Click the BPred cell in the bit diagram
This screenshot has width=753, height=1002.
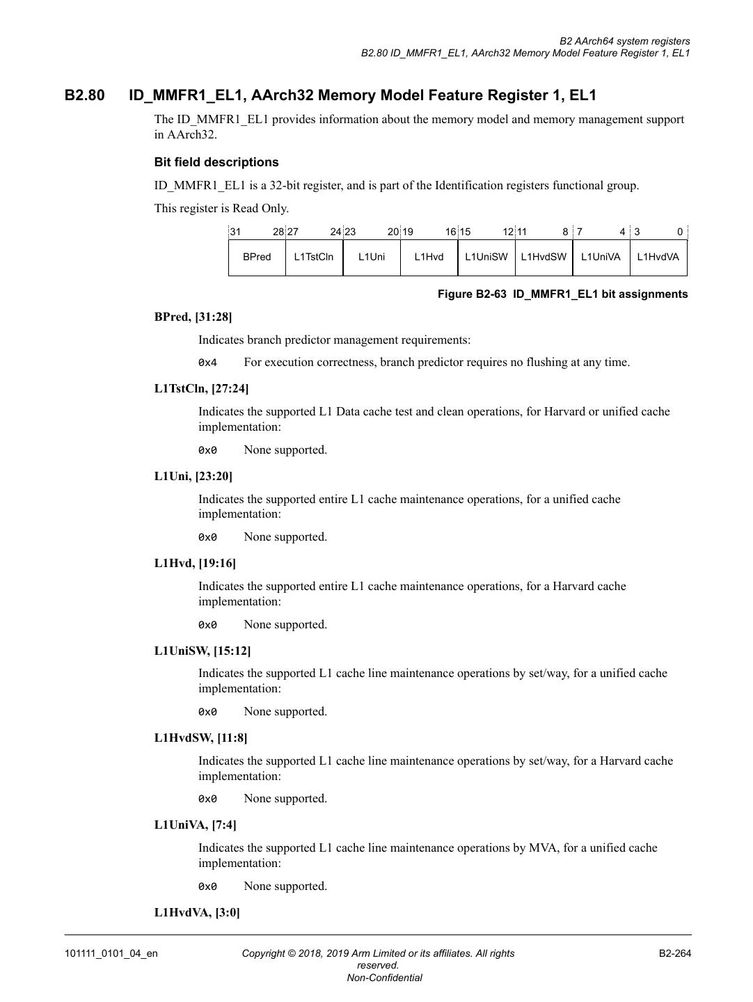[x=257, y=257]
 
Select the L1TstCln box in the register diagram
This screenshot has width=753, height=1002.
[x=314, y=257]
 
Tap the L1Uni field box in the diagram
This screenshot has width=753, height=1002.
[x=372, y=257]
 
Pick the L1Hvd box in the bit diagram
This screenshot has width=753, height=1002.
[x=429, y=257]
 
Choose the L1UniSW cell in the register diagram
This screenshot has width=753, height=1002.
[x=486, y=257]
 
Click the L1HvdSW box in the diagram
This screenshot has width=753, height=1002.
[x=544, y=257]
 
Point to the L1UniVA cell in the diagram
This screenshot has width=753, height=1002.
[x=601, y=257]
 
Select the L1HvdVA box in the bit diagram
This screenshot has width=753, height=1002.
[x=658, y=257]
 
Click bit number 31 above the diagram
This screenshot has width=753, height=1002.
[x=235, y=232]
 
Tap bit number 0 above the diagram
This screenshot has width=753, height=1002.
[x=680, y=232]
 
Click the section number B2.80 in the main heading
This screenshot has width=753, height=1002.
[x=85, y=95]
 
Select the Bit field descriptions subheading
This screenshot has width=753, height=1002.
[x=216, y=162]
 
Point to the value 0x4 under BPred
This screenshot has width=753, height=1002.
[x=207, y=363]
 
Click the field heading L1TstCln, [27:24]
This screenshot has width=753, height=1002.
[x=201, y=388]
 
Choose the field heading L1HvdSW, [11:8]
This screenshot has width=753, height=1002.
[x=200, y=738]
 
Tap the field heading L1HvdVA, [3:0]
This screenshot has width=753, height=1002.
[x=197, y=912]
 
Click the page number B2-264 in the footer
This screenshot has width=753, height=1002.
[x=675, y=953]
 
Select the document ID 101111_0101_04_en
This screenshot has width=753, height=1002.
[x=111, y=953]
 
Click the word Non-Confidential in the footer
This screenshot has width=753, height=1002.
[x=384, y=978]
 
